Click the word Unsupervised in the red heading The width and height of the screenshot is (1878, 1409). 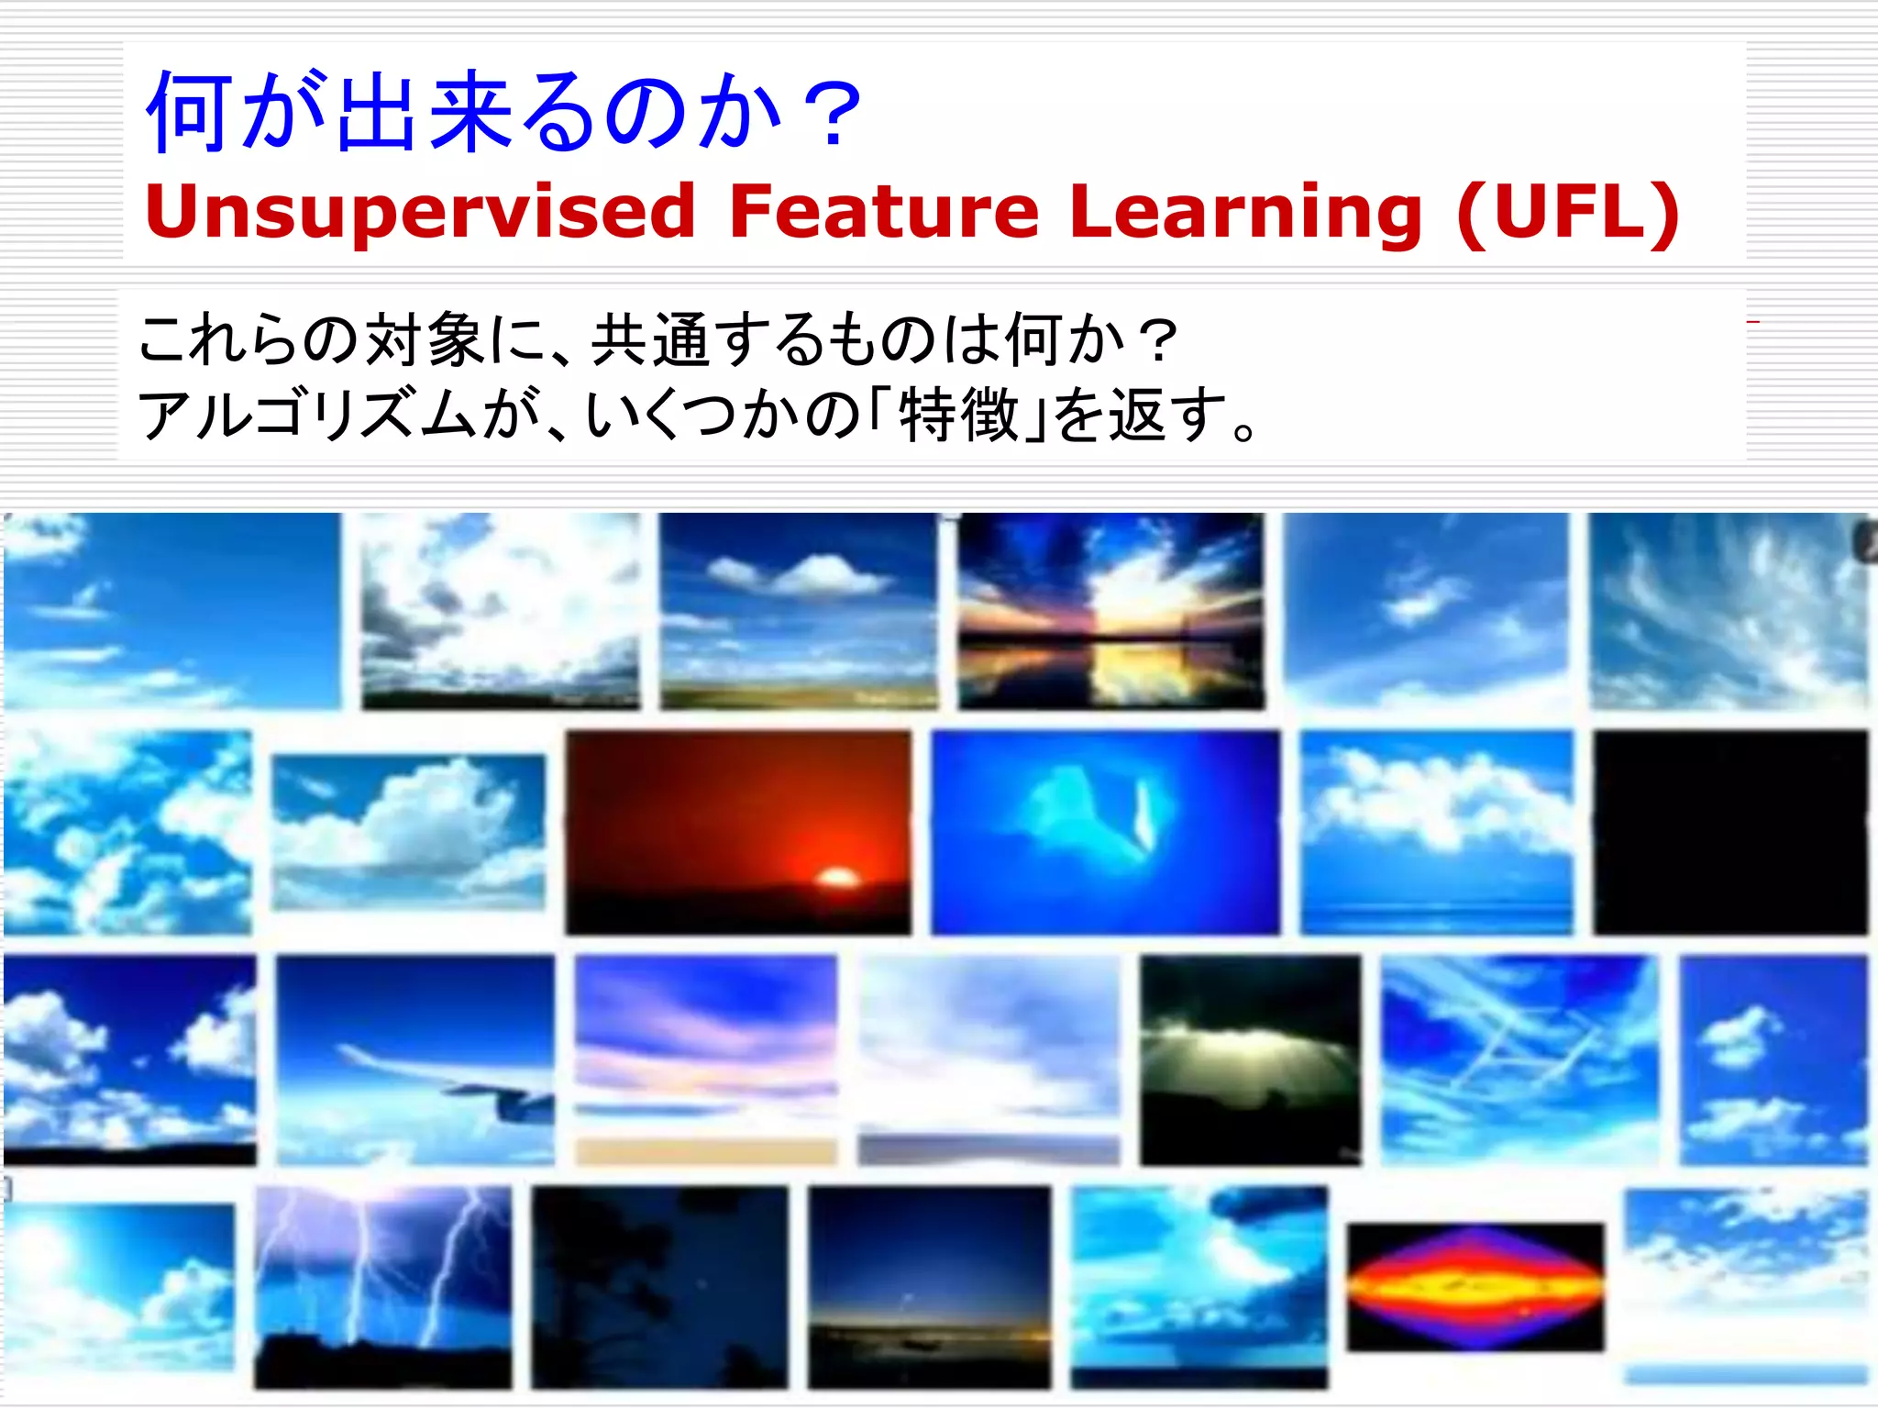(x=420, y=213)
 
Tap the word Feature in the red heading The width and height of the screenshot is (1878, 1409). (x=883, y=213)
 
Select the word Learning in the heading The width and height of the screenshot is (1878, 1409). (x=1245, y=213)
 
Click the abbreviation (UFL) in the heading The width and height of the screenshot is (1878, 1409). (x=1568, y=213)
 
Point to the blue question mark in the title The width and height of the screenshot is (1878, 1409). (x=830, y=114)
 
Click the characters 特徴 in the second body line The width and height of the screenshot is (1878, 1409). (x=960, y=415)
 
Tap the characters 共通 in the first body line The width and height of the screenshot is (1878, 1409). (x=649, y=339)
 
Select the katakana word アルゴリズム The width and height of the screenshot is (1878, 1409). (x=306, y=415)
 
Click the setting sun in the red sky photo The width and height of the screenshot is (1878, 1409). (x=836, y=877)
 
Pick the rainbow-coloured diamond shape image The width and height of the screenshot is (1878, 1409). (x=1475, y=1286)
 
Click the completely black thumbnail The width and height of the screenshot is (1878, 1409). (x=1729, y=832)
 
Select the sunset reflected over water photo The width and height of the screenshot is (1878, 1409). (x=1110, y=611)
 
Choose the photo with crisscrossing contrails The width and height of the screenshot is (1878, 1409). (x=1519, y=1060)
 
